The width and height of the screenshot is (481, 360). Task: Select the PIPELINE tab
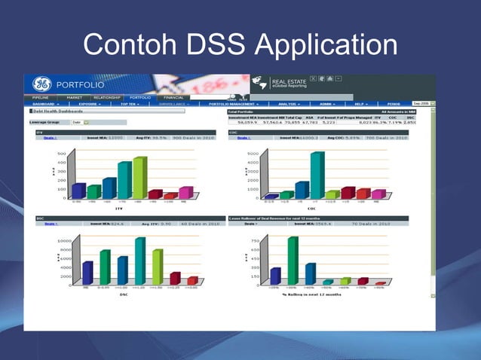click(x=39, y=97)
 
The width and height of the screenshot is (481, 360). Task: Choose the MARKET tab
click(x=74, y=97)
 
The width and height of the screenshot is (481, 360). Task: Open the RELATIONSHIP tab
click(x=106, y=97)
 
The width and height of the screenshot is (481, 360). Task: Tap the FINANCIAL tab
click(x=174, y=97)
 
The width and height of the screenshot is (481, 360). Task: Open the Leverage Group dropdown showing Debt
click(x=80, y=122)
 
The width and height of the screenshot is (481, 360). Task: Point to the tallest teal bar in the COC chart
click(x=317, y=175)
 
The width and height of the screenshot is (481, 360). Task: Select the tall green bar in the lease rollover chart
click(x=293, y=260)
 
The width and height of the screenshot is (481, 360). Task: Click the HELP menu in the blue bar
click(x=360, y=104)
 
